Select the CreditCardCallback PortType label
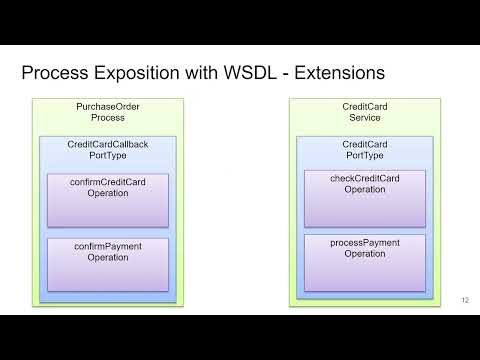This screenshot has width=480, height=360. coord(108,150)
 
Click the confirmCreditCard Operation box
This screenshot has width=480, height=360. coord(108,200)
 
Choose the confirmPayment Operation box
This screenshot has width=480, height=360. coord(108,264)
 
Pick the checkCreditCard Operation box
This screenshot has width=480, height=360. coord(365,198)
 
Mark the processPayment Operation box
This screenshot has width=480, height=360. coord(365,262)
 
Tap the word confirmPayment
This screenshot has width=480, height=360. coord(108,246)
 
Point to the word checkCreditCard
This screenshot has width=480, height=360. coord(365,178)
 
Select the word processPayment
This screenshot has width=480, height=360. coord(365,242)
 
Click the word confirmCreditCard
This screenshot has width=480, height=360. coord(108,182)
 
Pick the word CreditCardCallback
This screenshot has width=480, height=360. coord(108,144)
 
